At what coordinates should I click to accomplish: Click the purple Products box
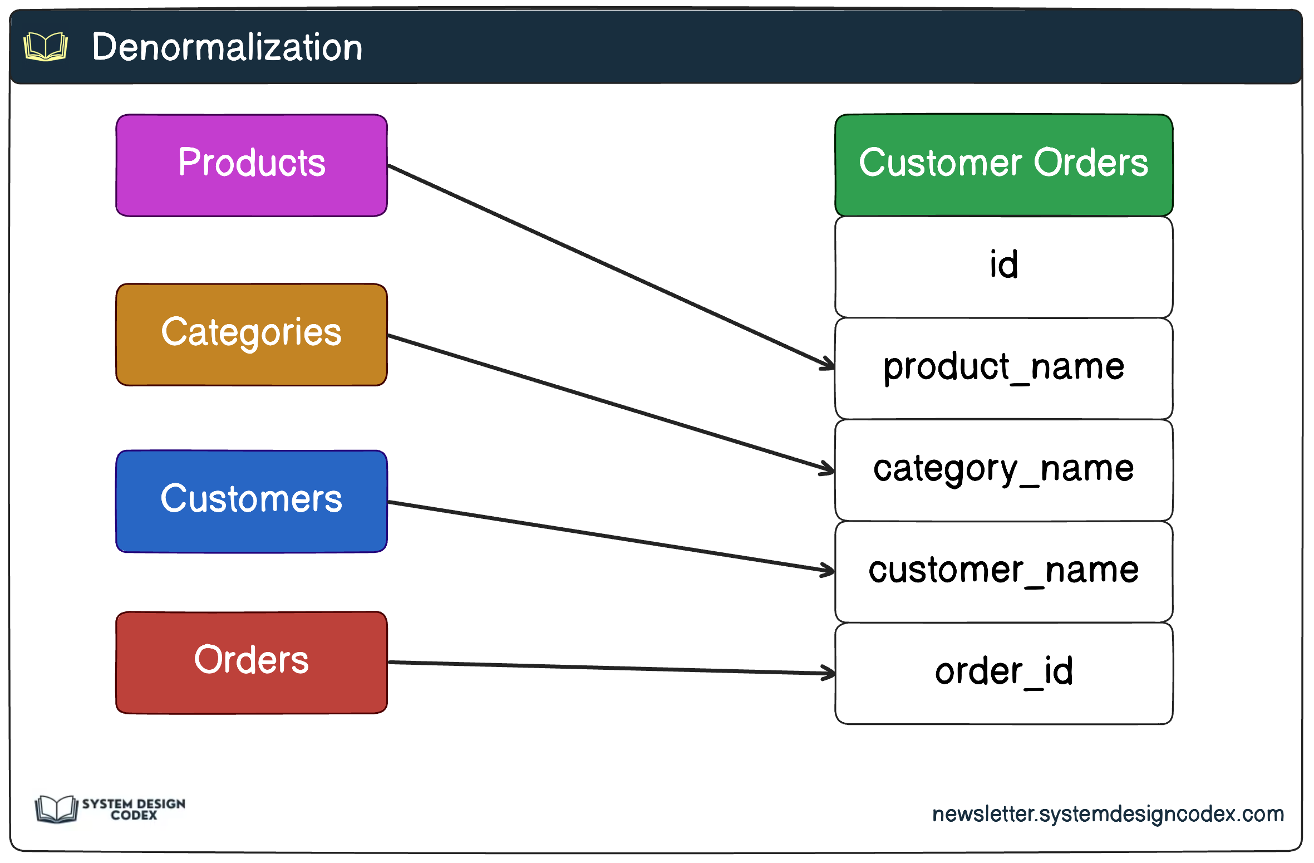pos(252,165)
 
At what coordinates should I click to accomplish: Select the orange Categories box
pos(252,334)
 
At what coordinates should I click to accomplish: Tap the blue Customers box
pos(252,501)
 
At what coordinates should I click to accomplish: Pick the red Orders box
pos(252,662)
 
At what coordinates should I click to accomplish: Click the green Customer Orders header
pos(1003,165)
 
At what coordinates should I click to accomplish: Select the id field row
pos(1003,266)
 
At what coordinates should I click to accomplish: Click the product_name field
pos(1003,368)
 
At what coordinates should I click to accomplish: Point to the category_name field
pos(1003,470)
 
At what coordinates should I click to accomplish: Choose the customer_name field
pos(1003,571)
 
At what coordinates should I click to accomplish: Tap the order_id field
pos(1003,673)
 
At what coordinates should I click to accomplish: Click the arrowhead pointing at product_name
pos(828,364)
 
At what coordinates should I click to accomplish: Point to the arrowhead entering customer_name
pos(828,570)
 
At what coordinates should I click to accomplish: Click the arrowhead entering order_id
pos(829,673)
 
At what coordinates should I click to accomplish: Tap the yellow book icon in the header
pos(46,47)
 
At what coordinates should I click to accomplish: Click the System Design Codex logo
pos(110,808)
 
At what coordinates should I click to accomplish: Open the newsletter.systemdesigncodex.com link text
pos(1108,814)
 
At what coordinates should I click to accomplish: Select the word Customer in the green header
pos(940,163)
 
